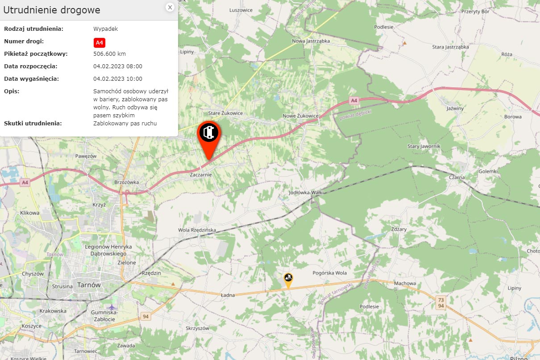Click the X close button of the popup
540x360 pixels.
click(x=170, y=7)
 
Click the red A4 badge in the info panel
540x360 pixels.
click(x=100, y=43)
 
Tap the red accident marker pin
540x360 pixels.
click(x=208, y=134)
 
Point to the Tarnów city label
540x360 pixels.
click(x=89, y=285)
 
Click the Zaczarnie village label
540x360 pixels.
click(x=201, y=175)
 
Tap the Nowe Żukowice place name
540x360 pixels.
click(x=301, y=116)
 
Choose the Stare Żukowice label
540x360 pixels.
click(x=226, y=113)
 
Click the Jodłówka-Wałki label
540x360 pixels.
click(x=306, y=192)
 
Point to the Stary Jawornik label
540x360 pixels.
click(x=424, y=146)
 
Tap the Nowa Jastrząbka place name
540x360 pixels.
click(x=311, y=41)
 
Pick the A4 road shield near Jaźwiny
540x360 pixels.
click(x=354, y=101)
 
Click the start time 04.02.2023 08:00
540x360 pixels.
click(x=118, y=66)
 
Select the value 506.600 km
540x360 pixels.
click(x=109, y=54)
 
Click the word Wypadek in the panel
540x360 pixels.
click(x=105, y=29)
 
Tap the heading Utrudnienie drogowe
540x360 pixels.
click(x=52, y=10)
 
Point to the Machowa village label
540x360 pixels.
click(x=405, y=283)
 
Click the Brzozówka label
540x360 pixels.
click(x=127, y=182)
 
